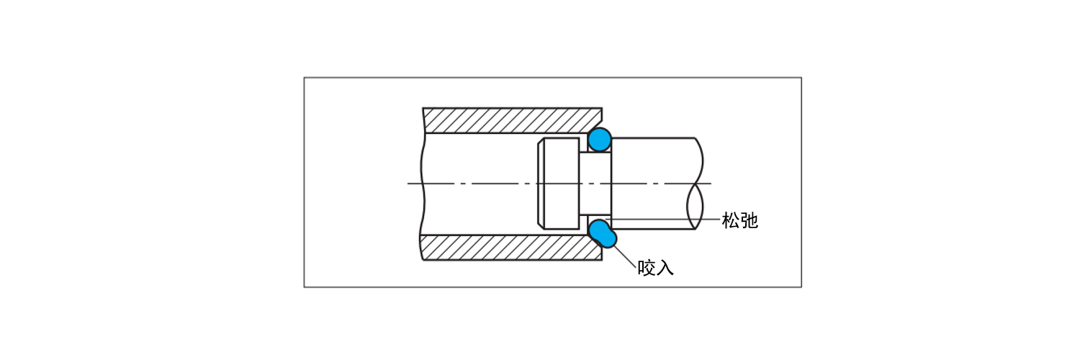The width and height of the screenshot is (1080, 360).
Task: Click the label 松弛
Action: (x=739, y=221)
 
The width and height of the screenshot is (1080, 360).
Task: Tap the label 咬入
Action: (x=655, y=269)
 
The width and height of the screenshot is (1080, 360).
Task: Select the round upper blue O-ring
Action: (x=599, y=139)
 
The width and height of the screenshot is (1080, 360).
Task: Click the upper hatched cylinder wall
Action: (x=511, y=120)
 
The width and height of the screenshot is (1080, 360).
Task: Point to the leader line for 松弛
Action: (x=662, y=219)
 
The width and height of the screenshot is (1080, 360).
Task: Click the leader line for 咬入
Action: (x=624, y=255)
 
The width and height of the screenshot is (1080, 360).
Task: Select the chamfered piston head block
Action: (x=558, y=184)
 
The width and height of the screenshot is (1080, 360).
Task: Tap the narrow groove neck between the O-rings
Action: (x=595, y=184)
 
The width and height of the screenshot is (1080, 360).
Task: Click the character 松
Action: (x=730, y=221)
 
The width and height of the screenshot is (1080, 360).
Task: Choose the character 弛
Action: (x=749, y=221)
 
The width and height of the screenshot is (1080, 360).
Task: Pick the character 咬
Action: (x=646, y=269)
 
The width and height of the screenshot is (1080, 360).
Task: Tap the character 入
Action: (x=665, y=269)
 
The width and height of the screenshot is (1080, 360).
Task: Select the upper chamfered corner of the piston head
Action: (x=541, y=141)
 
